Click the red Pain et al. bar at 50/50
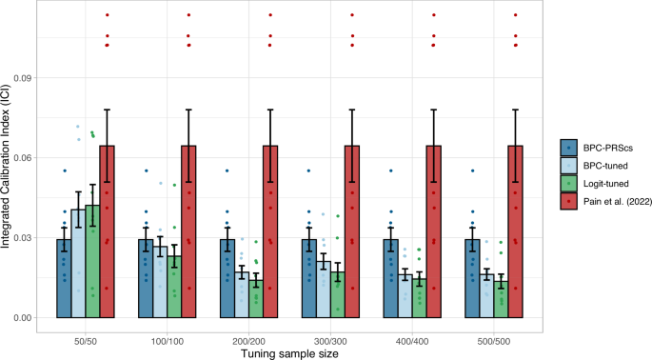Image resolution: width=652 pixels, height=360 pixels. pos(107,232)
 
